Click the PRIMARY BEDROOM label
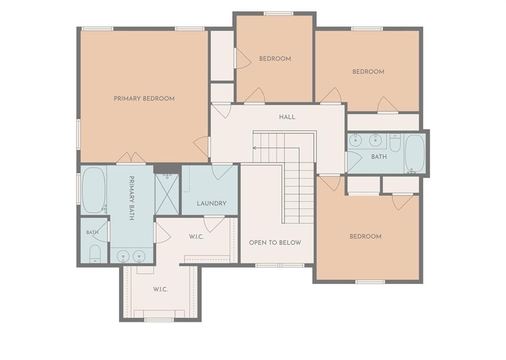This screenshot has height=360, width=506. (144, 99)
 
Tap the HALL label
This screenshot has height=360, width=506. (287, 117)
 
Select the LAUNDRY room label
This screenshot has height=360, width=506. (211, 203)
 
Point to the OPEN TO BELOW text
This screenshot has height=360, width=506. (275, 242)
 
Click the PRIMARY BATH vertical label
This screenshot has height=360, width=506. (131, 198)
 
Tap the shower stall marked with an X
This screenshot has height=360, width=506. (167, 194)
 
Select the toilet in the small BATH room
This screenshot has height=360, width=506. (95, 254)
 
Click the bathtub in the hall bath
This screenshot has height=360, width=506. (415, 154)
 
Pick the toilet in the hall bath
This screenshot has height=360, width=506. (395, 143)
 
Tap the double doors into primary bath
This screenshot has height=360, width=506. (131, 158)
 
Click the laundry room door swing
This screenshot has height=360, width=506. (222, 172)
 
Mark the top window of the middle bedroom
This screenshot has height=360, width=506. (278, 13)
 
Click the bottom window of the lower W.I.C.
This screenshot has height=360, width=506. (159, 320)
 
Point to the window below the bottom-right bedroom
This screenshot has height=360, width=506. (370, 281)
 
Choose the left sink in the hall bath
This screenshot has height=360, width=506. (356, 140)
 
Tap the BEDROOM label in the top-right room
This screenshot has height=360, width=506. (368, 72)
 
